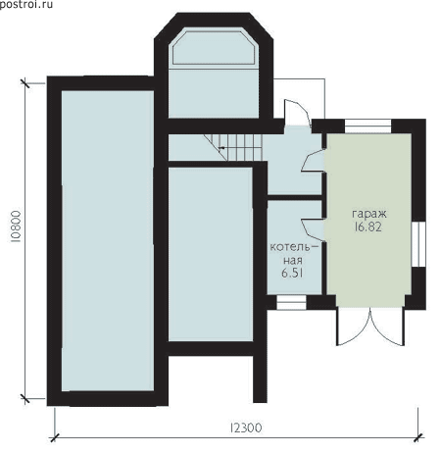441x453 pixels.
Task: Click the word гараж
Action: (x=369, y=214)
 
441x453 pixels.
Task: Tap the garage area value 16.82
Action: (x=367, y=226)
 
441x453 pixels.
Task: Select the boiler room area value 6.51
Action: (x=292, y=273)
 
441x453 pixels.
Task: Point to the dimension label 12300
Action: (x=246, y=428)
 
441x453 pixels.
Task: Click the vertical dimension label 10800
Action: (x=16, y=226)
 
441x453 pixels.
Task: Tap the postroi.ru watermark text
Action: (x=26, y=4)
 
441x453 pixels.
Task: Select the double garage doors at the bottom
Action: (x=370, y=327)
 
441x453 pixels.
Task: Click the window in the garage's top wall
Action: (x=367, y=126)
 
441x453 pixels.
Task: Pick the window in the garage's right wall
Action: (x=418, y=244)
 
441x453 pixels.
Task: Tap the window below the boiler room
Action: (x=291, y=303)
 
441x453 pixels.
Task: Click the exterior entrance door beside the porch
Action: (x=297, y=113)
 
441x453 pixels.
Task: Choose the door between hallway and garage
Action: (x=313, y=161)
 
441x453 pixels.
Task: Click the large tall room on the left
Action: (x=108, y=240)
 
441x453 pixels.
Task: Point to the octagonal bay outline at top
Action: (x=214, y=48)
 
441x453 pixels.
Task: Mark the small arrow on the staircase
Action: (x=221, y=148)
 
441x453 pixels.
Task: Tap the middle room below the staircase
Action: (x=211, y=254)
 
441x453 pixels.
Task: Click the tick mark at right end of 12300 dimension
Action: (x=418, y=438)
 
